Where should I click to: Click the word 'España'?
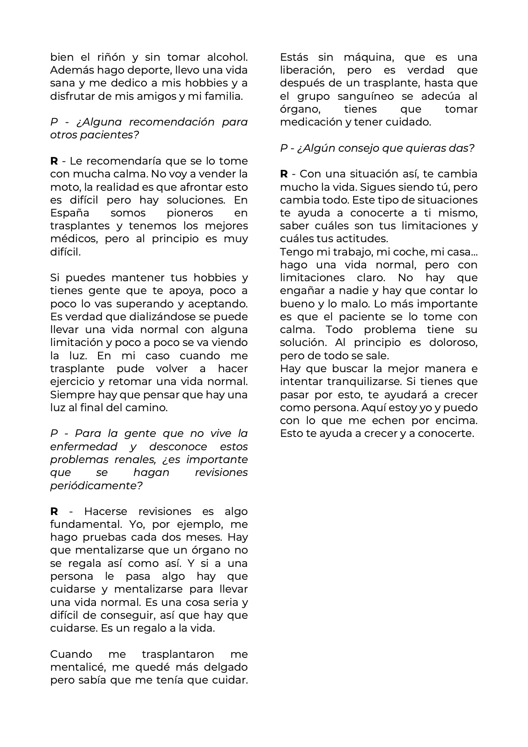(x=70, y=213)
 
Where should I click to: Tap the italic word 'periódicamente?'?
(x=96, y=485)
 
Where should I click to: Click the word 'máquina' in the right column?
(x=362, y=57)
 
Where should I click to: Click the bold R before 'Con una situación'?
(x=284, y=174)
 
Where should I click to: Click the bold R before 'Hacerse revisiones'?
(x=54, y=511)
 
